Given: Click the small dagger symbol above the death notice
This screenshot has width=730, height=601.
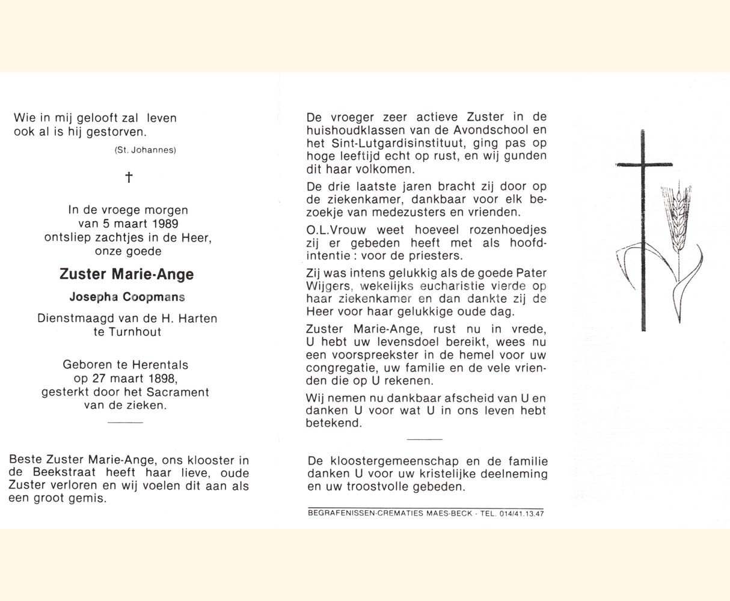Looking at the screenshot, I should coord(128,177).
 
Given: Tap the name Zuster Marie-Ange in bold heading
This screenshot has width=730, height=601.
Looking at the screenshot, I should coord(126,275).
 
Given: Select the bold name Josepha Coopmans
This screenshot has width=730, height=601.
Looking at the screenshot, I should coord(127,297).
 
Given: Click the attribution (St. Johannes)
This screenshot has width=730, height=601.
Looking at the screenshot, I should coord(145,150).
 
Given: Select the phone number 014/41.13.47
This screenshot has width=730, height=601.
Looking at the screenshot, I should coord(521,513).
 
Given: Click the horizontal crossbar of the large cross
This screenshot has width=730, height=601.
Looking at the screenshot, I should coord(644,163).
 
